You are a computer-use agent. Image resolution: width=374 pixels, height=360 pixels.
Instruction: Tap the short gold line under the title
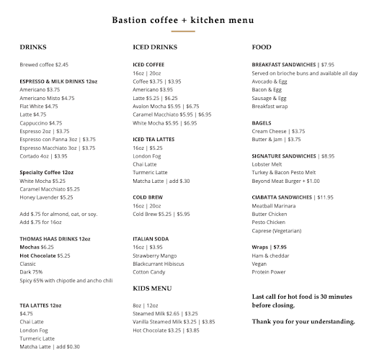pyautogui.click(x=183, y=32)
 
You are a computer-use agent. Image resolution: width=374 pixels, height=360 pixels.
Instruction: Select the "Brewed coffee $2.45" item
pyautogui.click(x=44, y=64)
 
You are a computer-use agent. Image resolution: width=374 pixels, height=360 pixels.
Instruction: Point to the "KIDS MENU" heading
pyautogui.click(x=152, y=287)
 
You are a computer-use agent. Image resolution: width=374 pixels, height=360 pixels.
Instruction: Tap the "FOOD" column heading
pyautogui.click(x=262, y=48)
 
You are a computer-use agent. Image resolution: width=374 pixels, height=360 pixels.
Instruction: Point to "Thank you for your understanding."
pyautogui.click(x=303, y=321)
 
